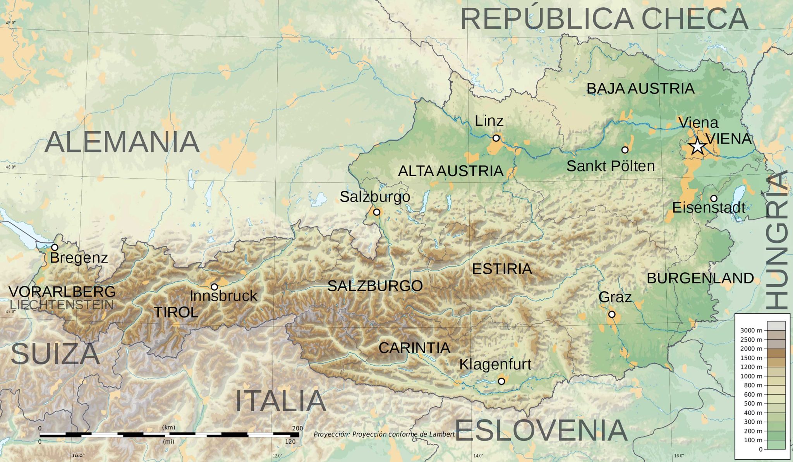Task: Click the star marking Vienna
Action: point(697,146)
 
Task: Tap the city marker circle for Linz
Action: point(496,138)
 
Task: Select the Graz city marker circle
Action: point(612,314)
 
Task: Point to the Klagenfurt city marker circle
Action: point(501,381)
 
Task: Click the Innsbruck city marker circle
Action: point(214,287)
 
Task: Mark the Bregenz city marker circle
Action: point(55,247)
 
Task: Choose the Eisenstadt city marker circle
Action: point(714,199)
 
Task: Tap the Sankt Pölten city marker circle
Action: point(625,149)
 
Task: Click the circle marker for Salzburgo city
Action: point(376,212)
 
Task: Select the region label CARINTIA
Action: point(414,348)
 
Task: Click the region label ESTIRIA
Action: point(502,269)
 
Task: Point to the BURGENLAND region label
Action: point(700,278)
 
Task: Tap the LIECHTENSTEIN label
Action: point(62,305)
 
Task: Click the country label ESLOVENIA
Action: point(541,431)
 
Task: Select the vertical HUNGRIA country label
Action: point(778,240)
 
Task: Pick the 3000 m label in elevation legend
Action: point(751,330)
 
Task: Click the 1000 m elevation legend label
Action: point(751,376)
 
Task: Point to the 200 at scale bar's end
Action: point(297,428)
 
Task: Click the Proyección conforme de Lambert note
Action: point(384,434)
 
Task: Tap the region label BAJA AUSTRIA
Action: point(640,89)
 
